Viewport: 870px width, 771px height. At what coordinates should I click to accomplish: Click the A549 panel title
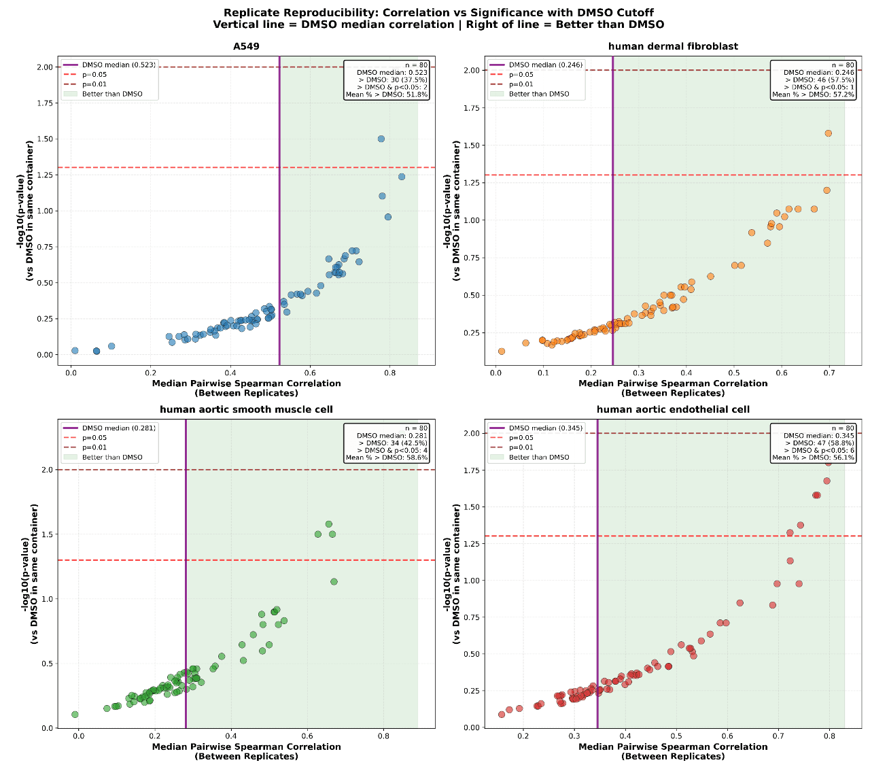pyautogui.click(x=246, y=46)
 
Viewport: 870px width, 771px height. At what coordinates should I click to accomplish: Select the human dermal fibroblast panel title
pyautogui.click(x=673, y=46)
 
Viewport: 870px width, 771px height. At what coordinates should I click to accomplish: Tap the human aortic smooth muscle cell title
pyautogui.click(x=246, y=409)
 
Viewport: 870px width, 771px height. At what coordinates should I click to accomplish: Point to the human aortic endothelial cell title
pyautogui.click(x=673, y=409)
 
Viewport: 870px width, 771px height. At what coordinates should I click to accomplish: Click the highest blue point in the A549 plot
pyautogui.click(x=381, y=139)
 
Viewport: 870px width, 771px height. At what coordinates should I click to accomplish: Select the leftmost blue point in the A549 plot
pyautogui.click(x=75, y=351)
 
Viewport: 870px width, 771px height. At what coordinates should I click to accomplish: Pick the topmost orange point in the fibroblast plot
pyautogui.click(x=828, y=133)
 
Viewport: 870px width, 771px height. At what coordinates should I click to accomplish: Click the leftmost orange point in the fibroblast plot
pyautogui.click(x=502, y=352)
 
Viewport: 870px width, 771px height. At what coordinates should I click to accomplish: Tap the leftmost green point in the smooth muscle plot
pyautogui.click(x=75, y=715)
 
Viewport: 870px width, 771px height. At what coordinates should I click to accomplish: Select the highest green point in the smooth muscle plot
pyautogui.click(x=329, y=524)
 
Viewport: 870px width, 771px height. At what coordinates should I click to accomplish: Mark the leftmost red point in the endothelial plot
pyautogui.click(x=502, y=715)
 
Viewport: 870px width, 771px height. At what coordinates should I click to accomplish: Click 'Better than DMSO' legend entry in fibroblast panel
pyautogui.click(x=539, y=94)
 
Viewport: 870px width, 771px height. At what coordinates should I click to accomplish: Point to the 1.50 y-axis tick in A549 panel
pyautogui.click(x=45, y=139)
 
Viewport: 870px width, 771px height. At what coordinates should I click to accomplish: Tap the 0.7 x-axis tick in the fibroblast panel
pyautogui.click(x=829, y=373)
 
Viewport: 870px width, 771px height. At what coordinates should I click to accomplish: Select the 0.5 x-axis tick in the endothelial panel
pyautogui.click(x=676, y=736)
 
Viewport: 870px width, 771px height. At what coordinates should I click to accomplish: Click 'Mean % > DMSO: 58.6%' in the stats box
pyautogui.click(x=387, y=458)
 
